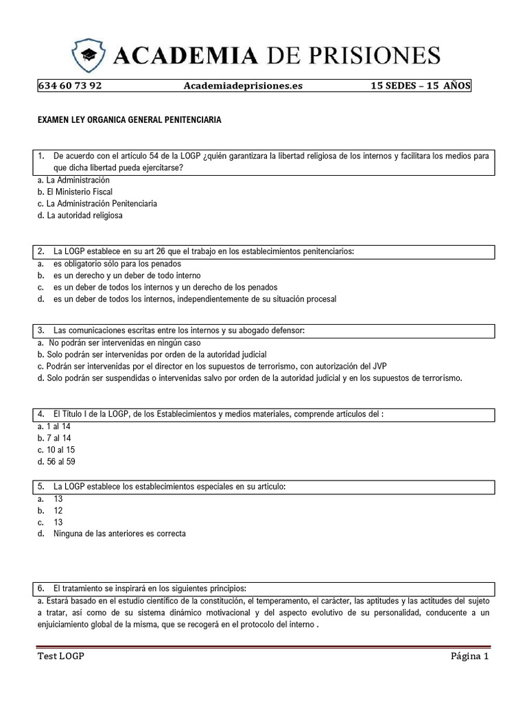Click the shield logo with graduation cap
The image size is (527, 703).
pyautogui.click(x=90, y=54)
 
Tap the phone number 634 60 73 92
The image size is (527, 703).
pyautogui.click(x=70, y=86)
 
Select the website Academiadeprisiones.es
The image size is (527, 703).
pyautogui.click(x=243, y=86)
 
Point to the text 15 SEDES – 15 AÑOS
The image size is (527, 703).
pyautogui.click(x=420, y=86)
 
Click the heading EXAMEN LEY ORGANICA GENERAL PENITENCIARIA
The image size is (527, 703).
pyautogui.click(x=129, y=119)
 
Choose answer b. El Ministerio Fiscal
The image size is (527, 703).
pyautogui.click(x=75, y=192)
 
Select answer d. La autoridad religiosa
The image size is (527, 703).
pyautogui.click(x=80, y=215)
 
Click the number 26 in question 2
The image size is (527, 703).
pyautogui.click(x=163, y=252)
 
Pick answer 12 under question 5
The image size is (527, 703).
pyautogui.click(x=58, y=510)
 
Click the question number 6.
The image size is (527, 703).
pyautogui.click(x=41, y=588)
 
